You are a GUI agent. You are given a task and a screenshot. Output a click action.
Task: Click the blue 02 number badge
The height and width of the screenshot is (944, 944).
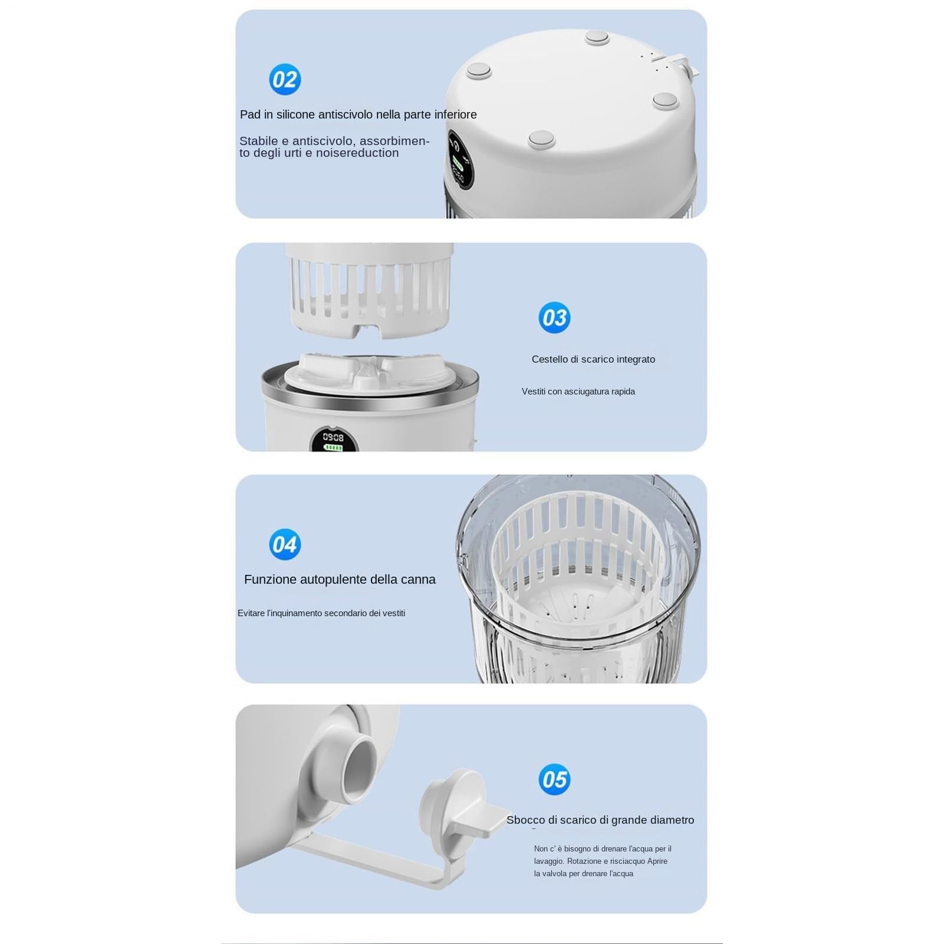click(x=285, y=80)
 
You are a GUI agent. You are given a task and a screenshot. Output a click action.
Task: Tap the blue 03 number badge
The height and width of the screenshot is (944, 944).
click(x=554, y=318)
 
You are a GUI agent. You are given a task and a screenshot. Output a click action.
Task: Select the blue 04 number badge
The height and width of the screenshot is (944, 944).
click(x=285, y=544)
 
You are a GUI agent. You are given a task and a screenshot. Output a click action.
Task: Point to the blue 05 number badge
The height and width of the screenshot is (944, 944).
click(x=554, y=779)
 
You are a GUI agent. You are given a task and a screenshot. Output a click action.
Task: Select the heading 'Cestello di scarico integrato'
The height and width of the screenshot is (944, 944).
click(x=593, y=359)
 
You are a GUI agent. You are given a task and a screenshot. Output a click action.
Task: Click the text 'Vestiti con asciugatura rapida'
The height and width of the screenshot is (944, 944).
click(x=578, y=392)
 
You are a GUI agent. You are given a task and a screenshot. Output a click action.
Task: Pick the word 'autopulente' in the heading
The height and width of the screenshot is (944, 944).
click(x=334, y=580)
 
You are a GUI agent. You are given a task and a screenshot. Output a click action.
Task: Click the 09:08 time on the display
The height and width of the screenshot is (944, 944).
click(x=333, y=437)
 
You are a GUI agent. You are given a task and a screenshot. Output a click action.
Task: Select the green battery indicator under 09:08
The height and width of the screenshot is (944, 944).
click(x=333, y=448)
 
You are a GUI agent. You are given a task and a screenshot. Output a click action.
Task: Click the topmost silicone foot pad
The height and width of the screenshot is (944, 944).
click(x=597, y=38)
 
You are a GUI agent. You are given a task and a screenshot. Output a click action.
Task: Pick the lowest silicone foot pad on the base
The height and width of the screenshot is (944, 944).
click(x=542, y=139)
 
